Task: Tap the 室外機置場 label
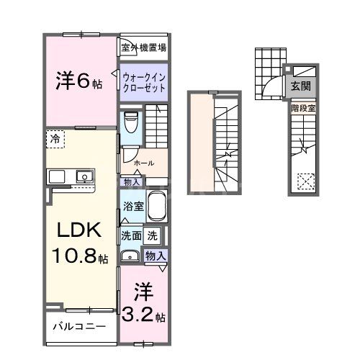click(x=144, y=48)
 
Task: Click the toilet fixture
click(x=130, y=123)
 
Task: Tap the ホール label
click(x=144, y=163)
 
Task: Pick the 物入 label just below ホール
click(x=130, y=182)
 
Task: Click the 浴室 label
click(x=131, y=207)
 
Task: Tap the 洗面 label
click(x=130, y=234)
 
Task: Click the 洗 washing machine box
click(x=152, y=234)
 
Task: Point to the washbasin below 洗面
click(x=130, y=255)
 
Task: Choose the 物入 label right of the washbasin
click(x=156, y=256)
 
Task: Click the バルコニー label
click(x=79, y=326)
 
